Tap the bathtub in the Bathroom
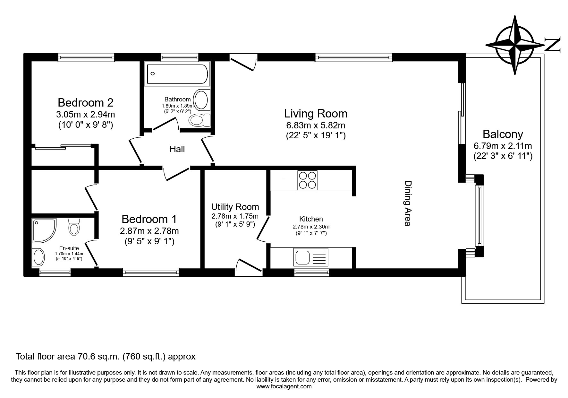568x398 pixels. click(x=177, y=74)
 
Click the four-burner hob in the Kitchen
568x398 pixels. click(x=307, y=180)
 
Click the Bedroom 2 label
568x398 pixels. click(x=86, y=103)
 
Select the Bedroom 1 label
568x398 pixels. click(x=149, y=219)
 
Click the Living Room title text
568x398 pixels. click(x=316, y=114)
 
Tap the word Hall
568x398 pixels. click(x=177, y=149)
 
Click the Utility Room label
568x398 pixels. click(x=235, y=207)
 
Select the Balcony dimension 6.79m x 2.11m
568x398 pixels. click(x=503, y=146)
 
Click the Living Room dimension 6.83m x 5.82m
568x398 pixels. click(x=316, y=125)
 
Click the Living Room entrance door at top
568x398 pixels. click(x=243, y=62)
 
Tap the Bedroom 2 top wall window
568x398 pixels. click(x=86, y=57)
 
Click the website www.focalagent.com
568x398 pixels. click(x=284, y=386)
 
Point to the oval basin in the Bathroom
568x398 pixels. click(x=201, y=100)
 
